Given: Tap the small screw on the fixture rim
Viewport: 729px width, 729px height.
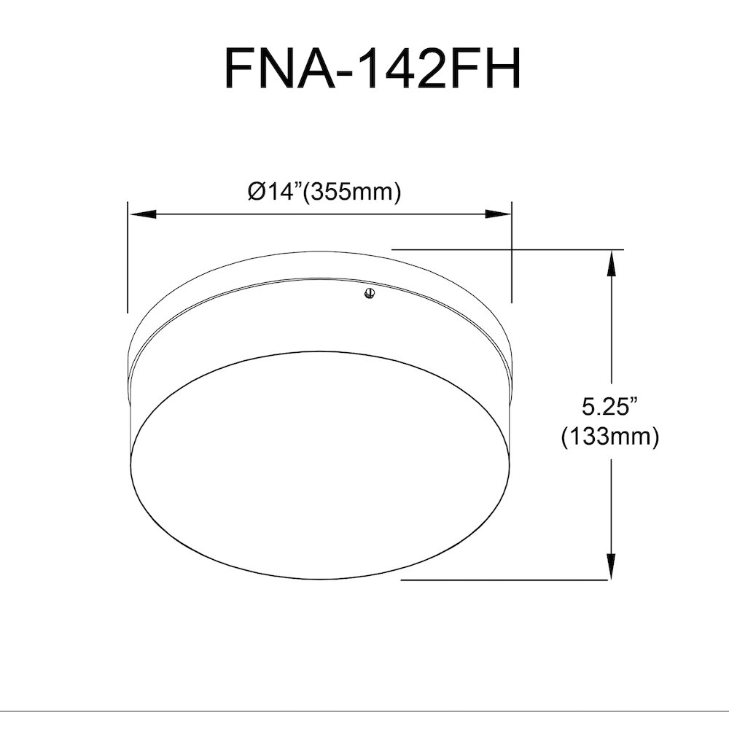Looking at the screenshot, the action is (x=370, y=293).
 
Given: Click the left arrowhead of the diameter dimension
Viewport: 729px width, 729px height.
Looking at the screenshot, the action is (x=142, y=214).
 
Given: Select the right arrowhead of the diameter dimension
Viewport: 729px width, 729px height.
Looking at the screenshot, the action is (x=498, y=214).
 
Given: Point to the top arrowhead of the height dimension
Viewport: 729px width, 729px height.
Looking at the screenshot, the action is (x=611, y=264).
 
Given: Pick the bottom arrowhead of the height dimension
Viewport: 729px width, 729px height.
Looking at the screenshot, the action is (x=611, y=566).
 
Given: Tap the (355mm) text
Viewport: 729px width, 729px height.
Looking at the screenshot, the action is (x=351, y=192).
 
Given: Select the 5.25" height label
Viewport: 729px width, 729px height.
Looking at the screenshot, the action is (x=609, y=407).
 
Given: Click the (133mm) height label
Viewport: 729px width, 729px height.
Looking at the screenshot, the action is (x=610, y=437).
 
